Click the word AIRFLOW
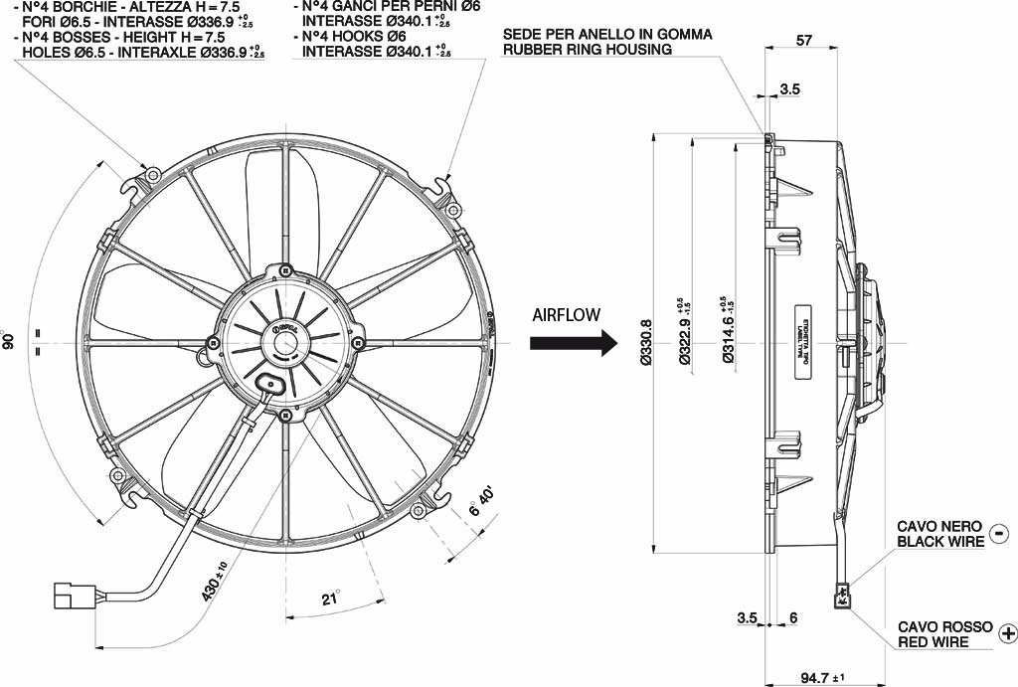(x=567, y=315)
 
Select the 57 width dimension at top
(x=805, y=41)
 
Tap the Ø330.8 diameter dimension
(x=647, y=343)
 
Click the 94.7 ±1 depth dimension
(x=821, y=678)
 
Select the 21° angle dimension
(x=331, y=598)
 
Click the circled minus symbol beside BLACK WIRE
(x=1000, y=533)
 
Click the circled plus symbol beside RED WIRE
(x=1008, y=633)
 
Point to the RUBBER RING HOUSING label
(x=587, y=49)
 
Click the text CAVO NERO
(x=939, y=526)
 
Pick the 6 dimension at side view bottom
(x=792, y=617)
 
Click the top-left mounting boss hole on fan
(x=152, y=175)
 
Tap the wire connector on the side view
(x=844, y=597)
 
